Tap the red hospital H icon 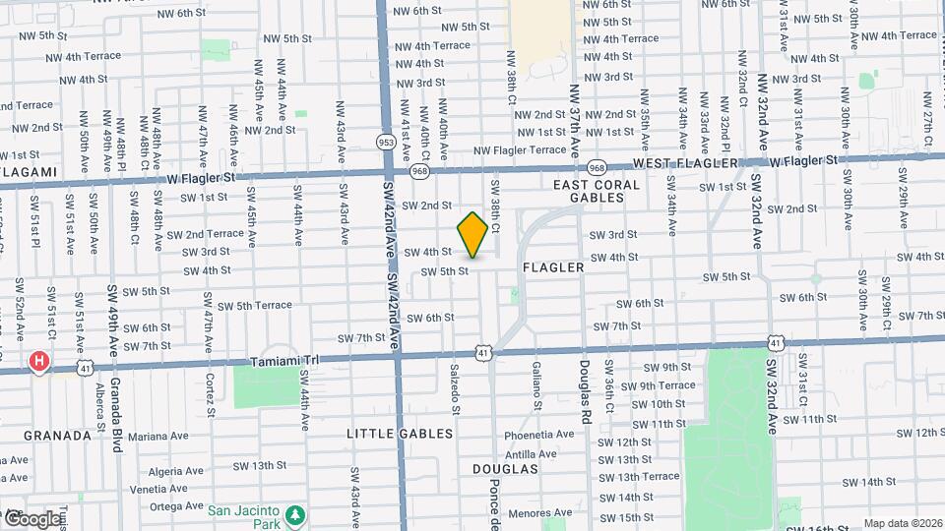coord(38,361)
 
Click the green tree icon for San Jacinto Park coord(294,514)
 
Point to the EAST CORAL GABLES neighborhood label coord(597,191)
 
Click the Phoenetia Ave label coord(538,435)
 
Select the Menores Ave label coord(540,512)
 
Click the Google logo coord(31,518)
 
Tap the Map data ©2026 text coord(900,523)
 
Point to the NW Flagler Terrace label coord(520,150)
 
